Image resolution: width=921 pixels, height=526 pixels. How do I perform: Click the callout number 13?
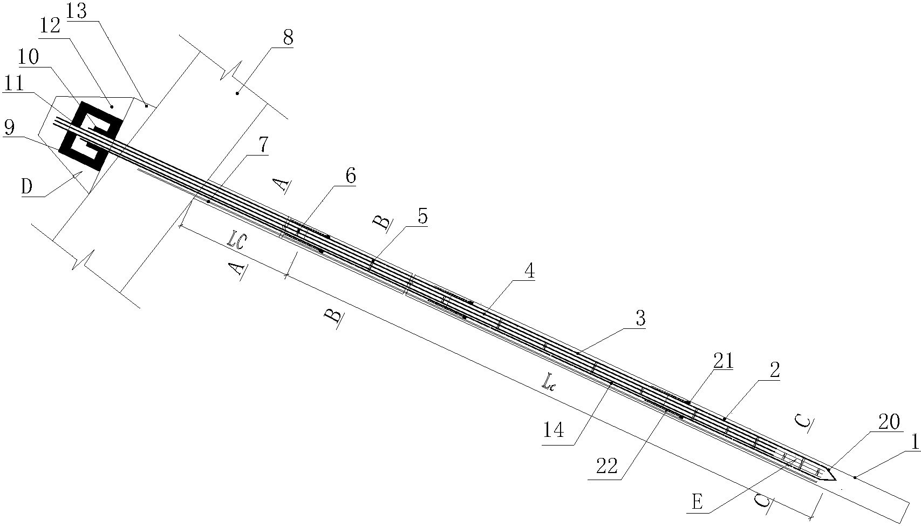[77, 11]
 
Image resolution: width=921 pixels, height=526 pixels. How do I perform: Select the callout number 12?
[50, 28]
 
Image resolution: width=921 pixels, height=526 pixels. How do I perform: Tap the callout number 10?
[29, 57]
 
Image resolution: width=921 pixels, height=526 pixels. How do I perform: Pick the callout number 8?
[288, 38]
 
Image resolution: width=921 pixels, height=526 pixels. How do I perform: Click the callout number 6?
[350, 176]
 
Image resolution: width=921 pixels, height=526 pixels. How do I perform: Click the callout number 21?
[723, 361]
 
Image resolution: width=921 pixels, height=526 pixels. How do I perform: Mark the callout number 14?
[554, 431]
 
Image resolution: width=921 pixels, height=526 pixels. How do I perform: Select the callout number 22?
[607, 466]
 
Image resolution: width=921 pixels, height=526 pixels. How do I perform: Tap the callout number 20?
[889, 422]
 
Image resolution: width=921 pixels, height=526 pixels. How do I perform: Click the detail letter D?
[27, 187]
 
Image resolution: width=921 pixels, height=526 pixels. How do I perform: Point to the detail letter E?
[697, 503]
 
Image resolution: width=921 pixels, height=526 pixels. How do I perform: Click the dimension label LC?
[237, 242]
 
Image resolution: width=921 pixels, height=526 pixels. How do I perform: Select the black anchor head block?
[91, 136]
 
